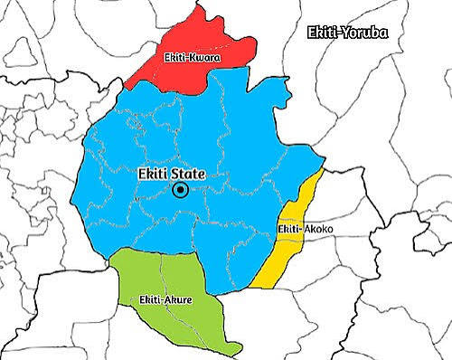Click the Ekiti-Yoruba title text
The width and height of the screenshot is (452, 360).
pos(348,33)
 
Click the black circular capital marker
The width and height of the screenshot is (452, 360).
pos(181,190)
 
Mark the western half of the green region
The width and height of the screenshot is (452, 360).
pos(140,280)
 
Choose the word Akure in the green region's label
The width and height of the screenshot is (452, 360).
pos(179,298)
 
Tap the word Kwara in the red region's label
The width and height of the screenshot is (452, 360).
pos(206,58)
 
